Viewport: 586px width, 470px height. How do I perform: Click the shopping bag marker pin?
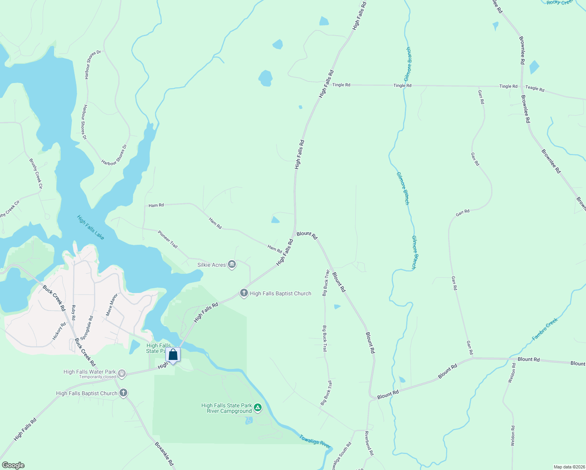pyautogui.click(x=173, y=355)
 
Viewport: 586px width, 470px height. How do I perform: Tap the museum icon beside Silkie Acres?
pyautogui.click(x=232, y=265)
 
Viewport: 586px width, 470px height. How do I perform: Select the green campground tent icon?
pyautogui.click(x=258, y=408)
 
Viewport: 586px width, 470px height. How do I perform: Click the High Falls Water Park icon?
pyautogui.click(x=122, y=374)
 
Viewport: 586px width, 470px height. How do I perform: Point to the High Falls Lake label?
pyautogui.click(x=90, y=228)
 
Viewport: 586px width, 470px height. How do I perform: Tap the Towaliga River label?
pyautogui.click(x=315, y=441)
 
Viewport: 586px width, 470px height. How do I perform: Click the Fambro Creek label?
pyautogui.click(x=545, y=329)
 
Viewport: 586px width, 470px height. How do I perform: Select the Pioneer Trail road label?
pyautogui.click(x=168, y=239)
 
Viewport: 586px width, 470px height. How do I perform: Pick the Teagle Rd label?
pyautogui.click(x=535, y=89)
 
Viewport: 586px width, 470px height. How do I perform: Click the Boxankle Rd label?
pyautogui.click(x=164, y=454)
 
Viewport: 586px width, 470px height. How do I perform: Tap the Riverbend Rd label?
pyautogui.click(x=369, y=443)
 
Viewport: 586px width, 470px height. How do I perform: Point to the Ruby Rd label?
pyautogui.click(x=73, y=313)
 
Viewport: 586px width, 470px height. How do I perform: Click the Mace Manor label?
pyautogui.click(x=112, y=305)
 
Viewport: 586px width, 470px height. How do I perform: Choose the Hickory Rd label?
pyautogui.click(x=60, y=331)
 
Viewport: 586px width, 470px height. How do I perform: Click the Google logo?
pyautogui.click(x=13, y=465)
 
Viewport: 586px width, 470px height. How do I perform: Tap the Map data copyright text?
pyautogui.click(x=569, y=467)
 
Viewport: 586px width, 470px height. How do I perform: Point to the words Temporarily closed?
pyautogui.click(x=98, y=377)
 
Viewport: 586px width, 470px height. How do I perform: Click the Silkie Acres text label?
pyautogui.click(x=212, y=265)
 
